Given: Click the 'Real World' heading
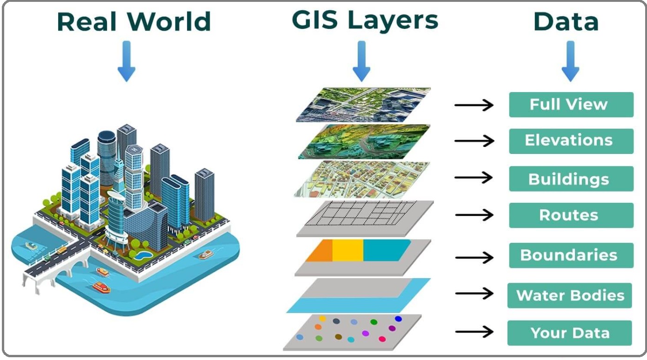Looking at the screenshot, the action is pyautogui.click(x=134, y=21).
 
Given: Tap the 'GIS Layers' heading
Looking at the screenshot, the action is pyautogui.click(x=365, y=20).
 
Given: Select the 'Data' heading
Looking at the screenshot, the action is pyautogui.click(x=566, y=21).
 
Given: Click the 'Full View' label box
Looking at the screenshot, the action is pyautogui.click(x=571, y=105).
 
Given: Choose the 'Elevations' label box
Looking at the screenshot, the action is pyautogui.click(x=571, y=141).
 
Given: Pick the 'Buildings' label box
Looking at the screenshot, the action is pyautogui.click(x=571, y=179).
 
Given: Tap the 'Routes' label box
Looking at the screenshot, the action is pyautogui.click(x=571, y=215).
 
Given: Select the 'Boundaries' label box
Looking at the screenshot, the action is pyautogui.click(x=571, y=255).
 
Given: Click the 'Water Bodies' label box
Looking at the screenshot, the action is pyautogui.click(x=570, y=295).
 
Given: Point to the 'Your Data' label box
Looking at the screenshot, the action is pyautogui.click(x=570, y=333).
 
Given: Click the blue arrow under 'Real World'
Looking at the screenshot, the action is pyautogui.click(x=127, y=61).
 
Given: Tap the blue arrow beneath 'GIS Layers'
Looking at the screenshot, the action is pyautogui.click(x=361, y=61).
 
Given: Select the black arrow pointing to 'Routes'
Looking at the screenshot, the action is pyautogui.click(x=474, y=215).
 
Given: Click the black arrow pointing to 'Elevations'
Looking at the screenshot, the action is pyautogui.click(x=474, y=141).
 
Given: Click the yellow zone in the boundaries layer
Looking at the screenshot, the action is pyautogui.click(x=348, y=251).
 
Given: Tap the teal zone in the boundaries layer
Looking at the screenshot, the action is pyautogui.click(x=386, y=250).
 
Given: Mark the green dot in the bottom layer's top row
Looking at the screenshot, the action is pyautogui.click(x=374, y=322).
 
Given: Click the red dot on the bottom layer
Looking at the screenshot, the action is pyautogui.click(x=382, y=339).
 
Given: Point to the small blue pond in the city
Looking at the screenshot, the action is pyautogui.click(x=144, y=255).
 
